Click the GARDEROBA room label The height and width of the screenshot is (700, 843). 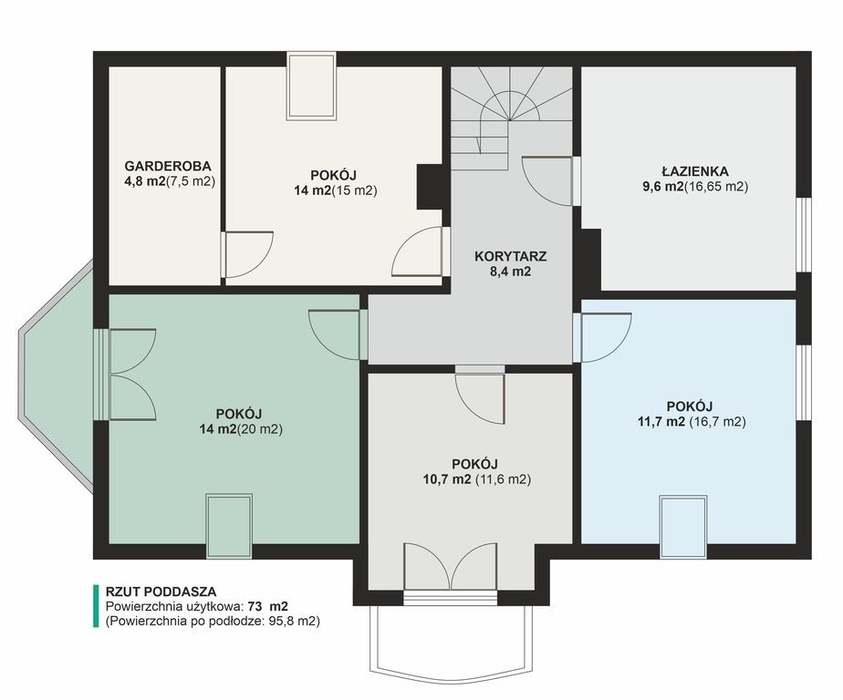[168, 166]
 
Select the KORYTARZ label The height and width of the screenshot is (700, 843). [510, 256]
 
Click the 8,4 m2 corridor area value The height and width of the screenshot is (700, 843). [510, 272]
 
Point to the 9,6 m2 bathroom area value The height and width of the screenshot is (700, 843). [663, 187]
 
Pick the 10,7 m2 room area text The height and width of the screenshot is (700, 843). [447, 479]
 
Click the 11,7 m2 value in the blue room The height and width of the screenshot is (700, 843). [661, 422]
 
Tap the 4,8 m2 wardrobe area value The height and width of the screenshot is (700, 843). [145, 181]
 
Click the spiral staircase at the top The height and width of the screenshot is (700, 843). [510, 117]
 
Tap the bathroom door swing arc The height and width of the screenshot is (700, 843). [546, 180]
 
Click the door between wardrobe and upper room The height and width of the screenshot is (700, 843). [248, 254]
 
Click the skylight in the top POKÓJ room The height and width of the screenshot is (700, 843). [311, 86]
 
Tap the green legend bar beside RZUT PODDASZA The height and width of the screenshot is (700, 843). [96, 606]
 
